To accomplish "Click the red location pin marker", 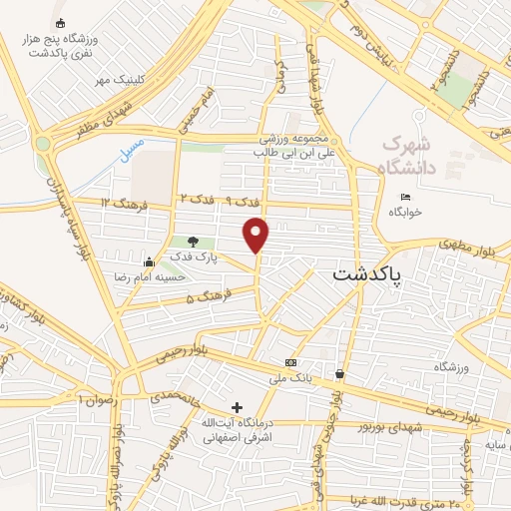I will [x=257, y=235].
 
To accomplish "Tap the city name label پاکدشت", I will [x=366, y=274].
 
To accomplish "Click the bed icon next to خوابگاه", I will [x=404, y=197].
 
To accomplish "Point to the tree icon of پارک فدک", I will [x=192, y=242].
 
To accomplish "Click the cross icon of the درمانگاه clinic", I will [x=237, y=406].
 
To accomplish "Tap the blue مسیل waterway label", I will [x=132, y=150].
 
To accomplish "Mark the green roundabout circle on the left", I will [x=42, y=144].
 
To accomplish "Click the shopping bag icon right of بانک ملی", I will [x=339, y=374].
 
